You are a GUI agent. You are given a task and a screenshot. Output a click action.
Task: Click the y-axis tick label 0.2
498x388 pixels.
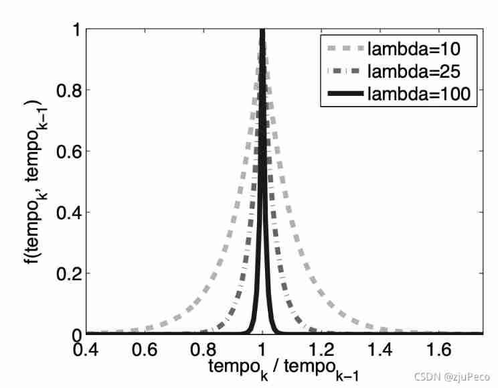coord(64,273)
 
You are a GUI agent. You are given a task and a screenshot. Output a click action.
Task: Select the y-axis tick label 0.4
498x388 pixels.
coord(64,212)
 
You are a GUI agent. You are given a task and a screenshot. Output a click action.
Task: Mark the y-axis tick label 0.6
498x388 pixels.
coord(64,151)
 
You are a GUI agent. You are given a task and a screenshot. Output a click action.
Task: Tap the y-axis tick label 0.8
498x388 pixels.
coord(64,90)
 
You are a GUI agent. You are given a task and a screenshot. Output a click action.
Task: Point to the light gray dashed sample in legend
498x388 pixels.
coord(347,48)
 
